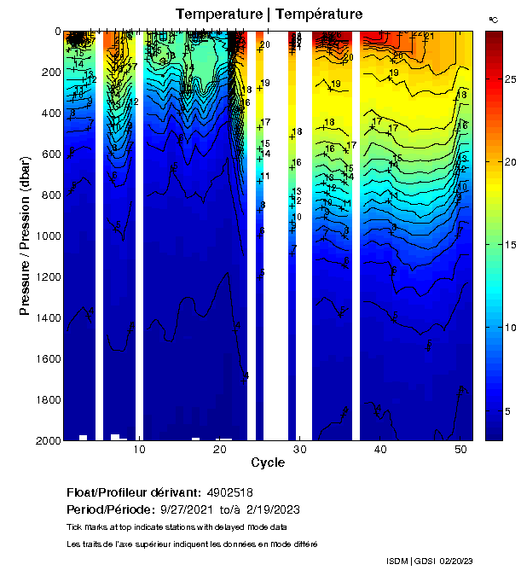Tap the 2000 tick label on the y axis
pyautogui.click(x=45, y=440)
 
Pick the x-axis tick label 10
pyautogui.click(x=139, y=451)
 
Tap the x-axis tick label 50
pyautogui.click(x=460, y=451)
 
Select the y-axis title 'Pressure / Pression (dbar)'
pyautogui.click(x=25, y=236)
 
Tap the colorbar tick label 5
pyautogui.click(x=509, y=411)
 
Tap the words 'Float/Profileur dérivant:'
pyautogui.click(x=132, y=492)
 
